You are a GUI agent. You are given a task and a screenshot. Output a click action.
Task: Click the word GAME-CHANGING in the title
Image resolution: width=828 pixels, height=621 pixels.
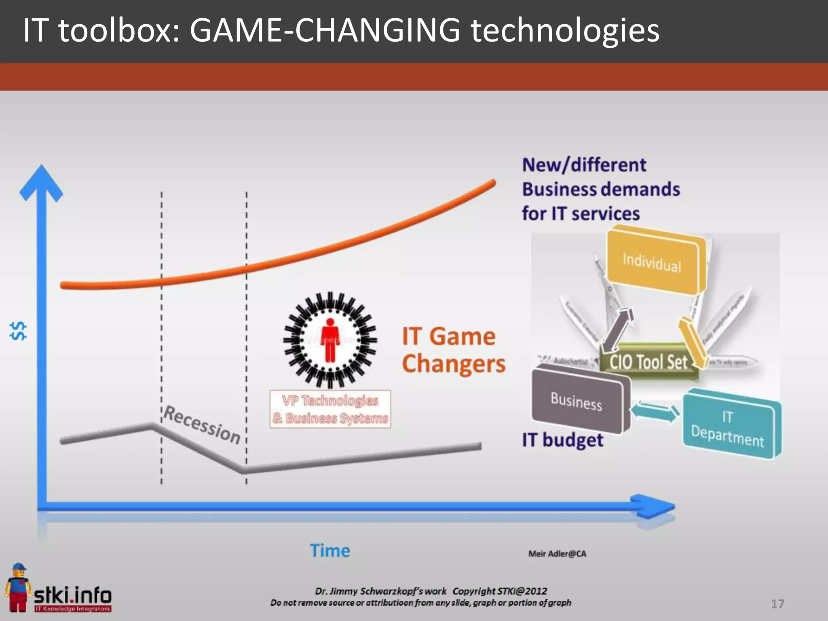pyautogui.click(x=325, y=30)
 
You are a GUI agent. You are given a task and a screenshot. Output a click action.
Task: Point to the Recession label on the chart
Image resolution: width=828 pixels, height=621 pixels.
pyautogui.click(x=202, y=425)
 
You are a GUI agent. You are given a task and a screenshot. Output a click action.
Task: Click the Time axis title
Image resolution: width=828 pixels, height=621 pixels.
pyautogui.click(x=330, y=551)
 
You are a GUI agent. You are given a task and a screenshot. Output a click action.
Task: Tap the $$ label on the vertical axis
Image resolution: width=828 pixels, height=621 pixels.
pyautogui.click(x=19, y=331)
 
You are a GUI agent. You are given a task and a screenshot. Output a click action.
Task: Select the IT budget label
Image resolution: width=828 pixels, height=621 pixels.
pyautogui.click(x=562, y=440)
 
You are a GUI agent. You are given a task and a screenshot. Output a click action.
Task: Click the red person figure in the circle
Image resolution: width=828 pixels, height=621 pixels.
pyautogui.click(x=330, y=340)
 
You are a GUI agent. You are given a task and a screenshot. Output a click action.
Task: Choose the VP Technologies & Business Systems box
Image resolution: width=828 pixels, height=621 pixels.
pyautogui.click(x=330, y=409)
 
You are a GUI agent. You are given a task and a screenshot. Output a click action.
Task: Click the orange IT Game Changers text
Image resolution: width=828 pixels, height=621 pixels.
pyautogui.click(x=453, y=350)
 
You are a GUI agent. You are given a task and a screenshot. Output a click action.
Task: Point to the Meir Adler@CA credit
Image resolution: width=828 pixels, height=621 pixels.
pyautogui.click(x=557, y=554)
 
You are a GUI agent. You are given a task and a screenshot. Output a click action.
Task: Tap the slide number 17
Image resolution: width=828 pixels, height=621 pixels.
pyautogui.click(x=777, y=604)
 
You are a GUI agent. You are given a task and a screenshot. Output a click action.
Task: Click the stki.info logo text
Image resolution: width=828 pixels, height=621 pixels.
pyautogui.click(x=73, y=595)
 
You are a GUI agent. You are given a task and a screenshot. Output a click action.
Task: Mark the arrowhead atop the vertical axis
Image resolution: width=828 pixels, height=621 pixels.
pyautogui.click(x=41, y=182)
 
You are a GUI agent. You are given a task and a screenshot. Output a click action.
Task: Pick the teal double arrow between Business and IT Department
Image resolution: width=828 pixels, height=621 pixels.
pyautogui.click(x=655, y=412)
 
